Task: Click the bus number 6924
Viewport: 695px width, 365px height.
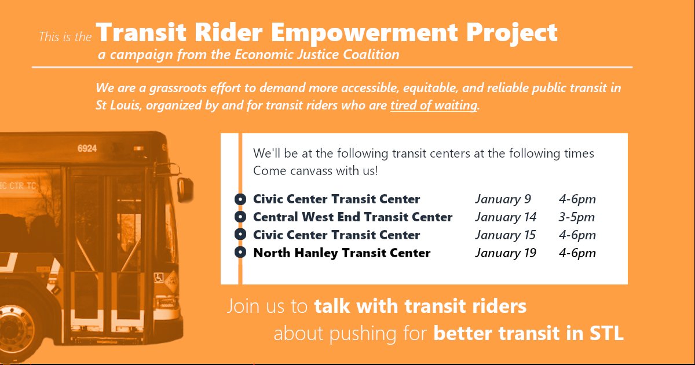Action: pos(87,148)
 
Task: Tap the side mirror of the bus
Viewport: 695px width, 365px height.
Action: pos(185,189)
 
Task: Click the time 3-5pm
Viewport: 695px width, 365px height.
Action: pos(577,217)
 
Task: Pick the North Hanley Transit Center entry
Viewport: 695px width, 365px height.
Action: pos(342,253)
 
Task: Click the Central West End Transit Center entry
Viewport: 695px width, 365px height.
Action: pos(353,217)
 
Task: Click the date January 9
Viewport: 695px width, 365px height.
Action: pos(503,199)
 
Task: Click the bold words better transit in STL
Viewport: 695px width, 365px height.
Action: pos(528,334)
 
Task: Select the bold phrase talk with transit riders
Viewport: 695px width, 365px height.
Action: pos(420,306)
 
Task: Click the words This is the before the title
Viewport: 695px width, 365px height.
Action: pos(65,37)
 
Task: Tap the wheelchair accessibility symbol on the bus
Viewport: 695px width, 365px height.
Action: pos(158,278)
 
